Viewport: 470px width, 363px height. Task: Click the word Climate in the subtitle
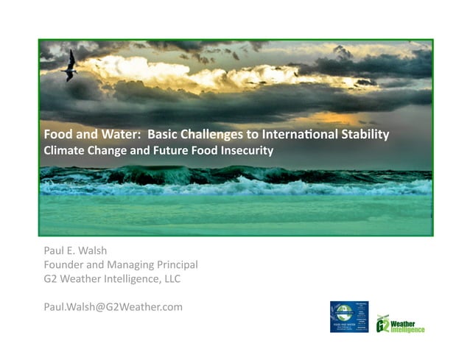(x=63, y=150)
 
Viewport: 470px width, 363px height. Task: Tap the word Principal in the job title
(x=175, y=264)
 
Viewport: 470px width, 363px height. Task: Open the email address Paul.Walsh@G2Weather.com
(x=113, y=306)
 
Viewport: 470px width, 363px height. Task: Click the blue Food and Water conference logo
(x=349, y=317)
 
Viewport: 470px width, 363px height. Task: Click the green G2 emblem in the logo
(x=382, y=324)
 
